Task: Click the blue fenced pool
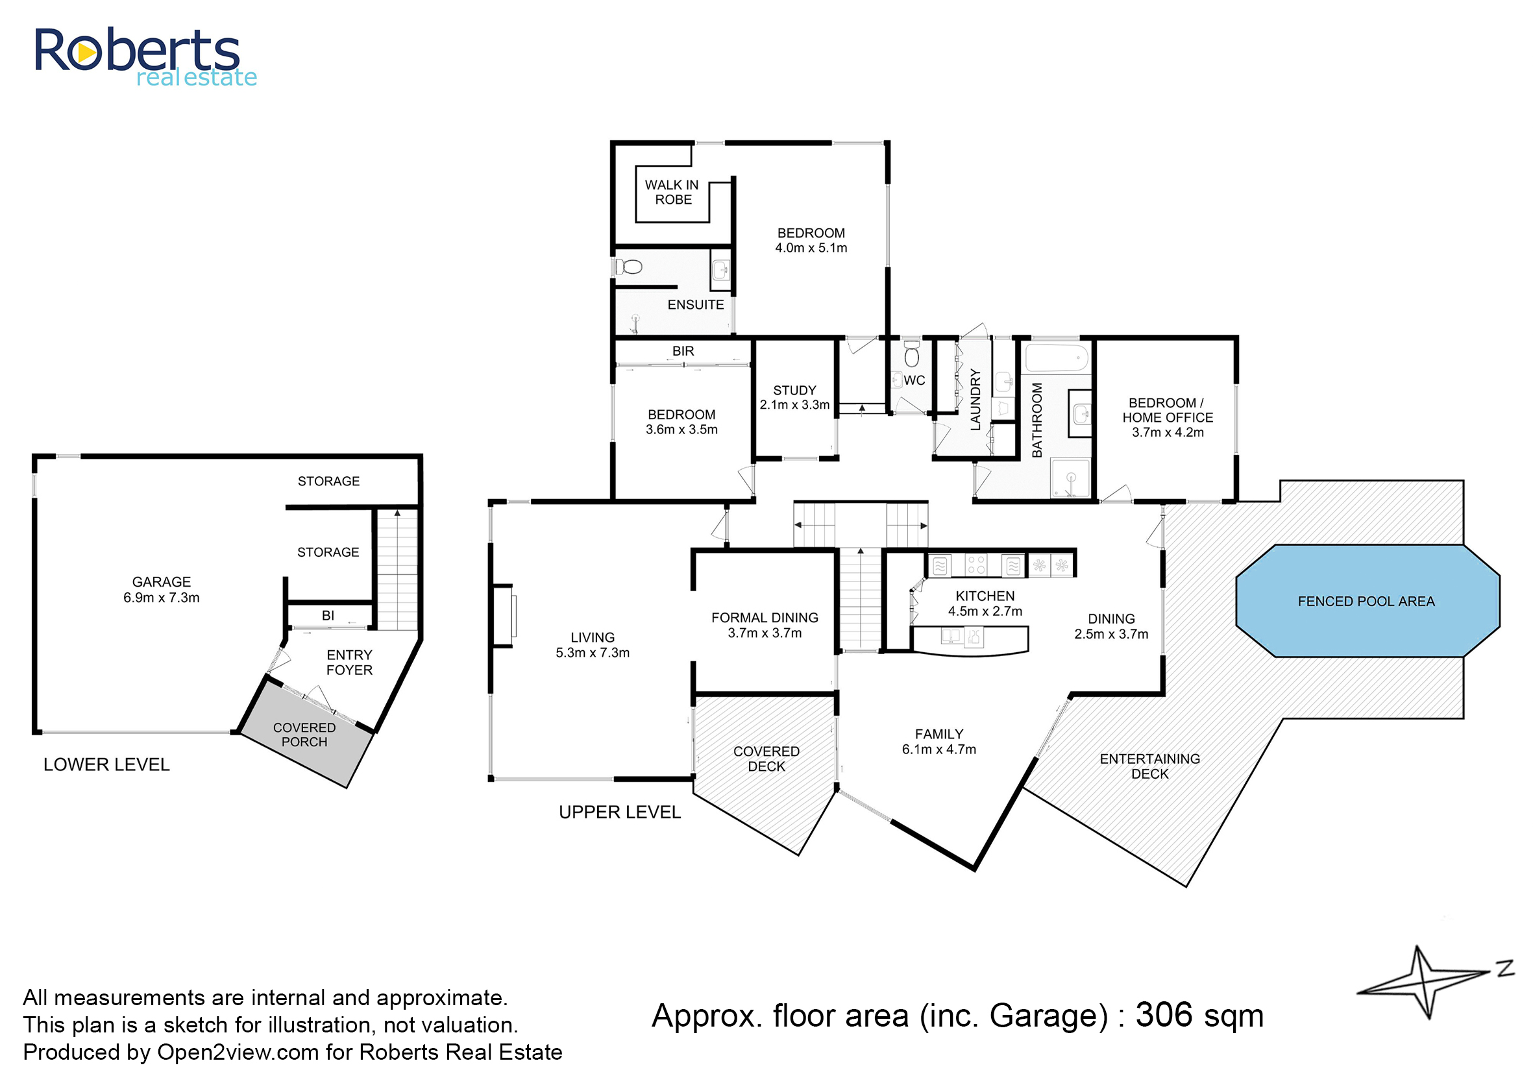click(1368, 601)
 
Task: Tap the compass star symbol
click(1423, 982)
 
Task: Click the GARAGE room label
click(162, 582)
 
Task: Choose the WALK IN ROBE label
click(672, 193)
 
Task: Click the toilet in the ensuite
click(629, 267)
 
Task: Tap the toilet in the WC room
click(911, 354)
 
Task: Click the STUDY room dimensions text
click(794, 405)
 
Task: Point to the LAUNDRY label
click(975, 400)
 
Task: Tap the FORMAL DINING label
click(765, 618)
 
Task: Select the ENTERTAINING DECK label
click(1150, 766)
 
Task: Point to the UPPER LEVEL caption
click(619, 812)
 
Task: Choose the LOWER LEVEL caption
click(106, 765)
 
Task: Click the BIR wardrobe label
click(683, 351)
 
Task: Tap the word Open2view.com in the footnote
click(238, 1053)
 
